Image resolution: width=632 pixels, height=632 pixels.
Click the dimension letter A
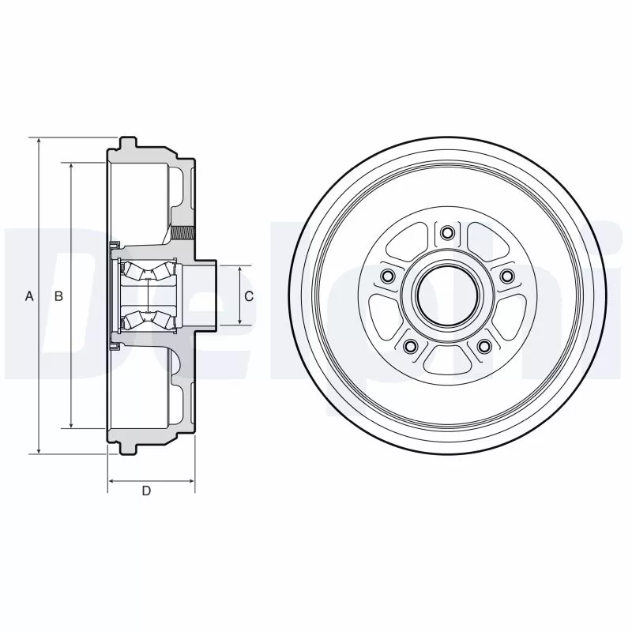click(x=30, y=296)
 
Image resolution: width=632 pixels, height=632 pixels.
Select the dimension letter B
click(x=58, y=296)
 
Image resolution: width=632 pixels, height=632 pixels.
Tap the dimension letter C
click(x=248, y=296)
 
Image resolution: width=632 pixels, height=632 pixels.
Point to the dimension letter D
click(x=146, y=491)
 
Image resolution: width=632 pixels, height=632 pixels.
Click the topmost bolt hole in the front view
click(x=447, y=232)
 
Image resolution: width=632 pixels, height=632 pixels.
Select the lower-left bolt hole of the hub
click(x=410, y=345)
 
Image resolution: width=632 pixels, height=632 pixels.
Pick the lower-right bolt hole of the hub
click(x=484, y=345)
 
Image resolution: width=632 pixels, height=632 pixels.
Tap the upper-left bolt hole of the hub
click(x=387, y=276)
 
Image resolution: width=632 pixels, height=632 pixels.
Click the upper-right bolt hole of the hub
click(x=506, y=276)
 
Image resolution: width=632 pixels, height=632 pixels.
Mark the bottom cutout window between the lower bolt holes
click(x=447, y=359)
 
